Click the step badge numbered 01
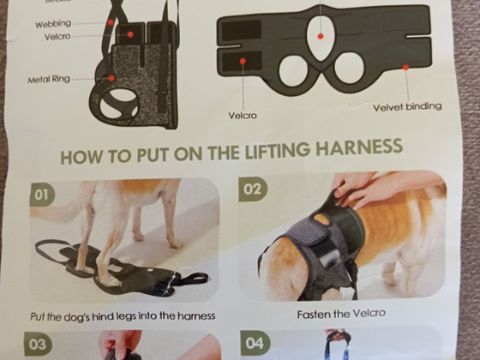tap(42, 195)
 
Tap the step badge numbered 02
tap(253, 189)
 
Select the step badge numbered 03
tap(38, 344)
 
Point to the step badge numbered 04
tap(255, 343)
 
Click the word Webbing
tap(53, 24)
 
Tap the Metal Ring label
tap(49, 80)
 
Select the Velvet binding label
tap(407, 107)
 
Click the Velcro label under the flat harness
tap(243, 116)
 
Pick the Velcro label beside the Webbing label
tap(57, 37)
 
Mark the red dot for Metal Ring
tap(111, 78)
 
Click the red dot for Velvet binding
tap(405, 68)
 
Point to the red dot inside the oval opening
tap(321, 36)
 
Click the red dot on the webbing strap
tap(111, 22)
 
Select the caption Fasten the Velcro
tap(341, 314)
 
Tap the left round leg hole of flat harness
tap(293, 70)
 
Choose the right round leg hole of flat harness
tap(349, 68)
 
